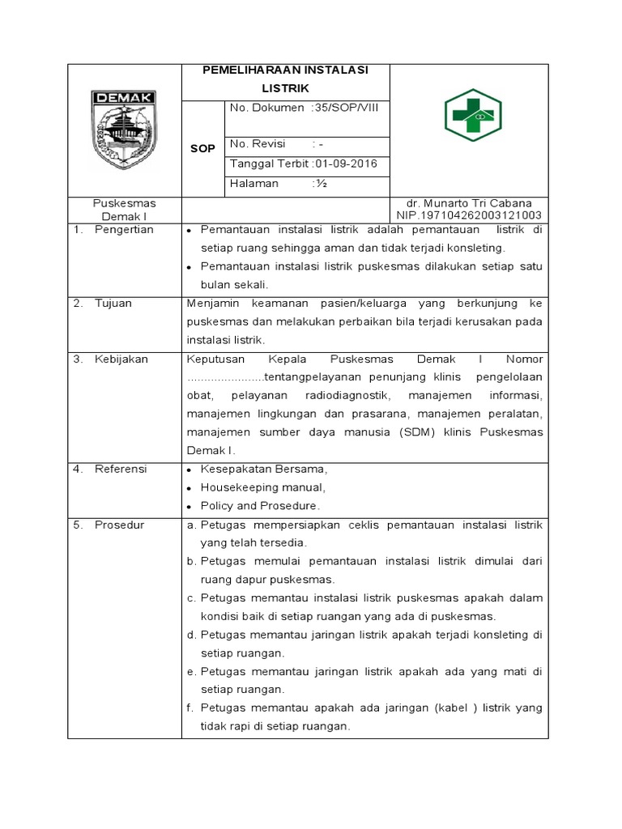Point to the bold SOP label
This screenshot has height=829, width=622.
[x=202, y=149]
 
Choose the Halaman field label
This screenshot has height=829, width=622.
[x=254, y=184]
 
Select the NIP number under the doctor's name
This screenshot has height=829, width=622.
[x=468, y=215]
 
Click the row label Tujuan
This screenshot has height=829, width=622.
[x=113, y=303]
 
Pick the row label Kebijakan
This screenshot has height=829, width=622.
[x=121, y=359]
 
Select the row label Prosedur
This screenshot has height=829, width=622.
[x=119, y=525]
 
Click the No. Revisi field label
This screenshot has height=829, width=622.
[x=258, y=144]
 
